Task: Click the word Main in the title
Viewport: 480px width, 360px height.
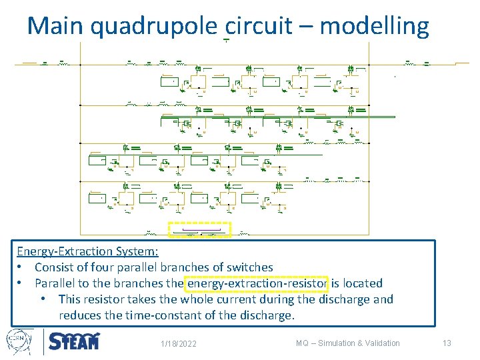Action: [x=55, y=26]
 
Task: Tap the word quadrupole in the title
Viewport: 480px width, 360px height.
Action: [x=153, y=26]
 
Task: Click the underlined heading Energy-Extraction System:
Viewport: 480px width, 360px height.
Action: [x=88, y=251]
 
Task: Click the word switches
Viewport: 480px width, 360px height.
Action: [x=247, y=267]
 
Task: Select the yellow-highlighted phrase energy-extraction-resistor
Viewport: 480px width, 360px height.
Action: [x=258, y=283]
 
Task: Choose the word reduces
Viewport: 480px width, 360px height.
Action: [x=81, y=315]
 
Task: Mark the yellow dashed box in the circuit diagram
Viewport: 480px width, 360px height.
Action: [x=199, y=230]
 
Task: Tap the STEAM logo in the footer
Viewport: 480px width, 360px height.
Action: [x=74, y=342]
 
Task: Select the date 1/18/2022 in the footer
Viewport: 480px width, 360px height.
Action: [x=179, y=344]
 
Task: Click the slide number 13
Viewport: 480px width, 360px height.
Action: [x=447, y=343]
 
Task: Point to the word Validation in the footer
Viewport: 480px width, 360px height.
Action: [x=381, y=343]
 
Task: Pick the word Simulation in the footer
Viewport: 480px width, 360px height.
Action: [x=337, y=343]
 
